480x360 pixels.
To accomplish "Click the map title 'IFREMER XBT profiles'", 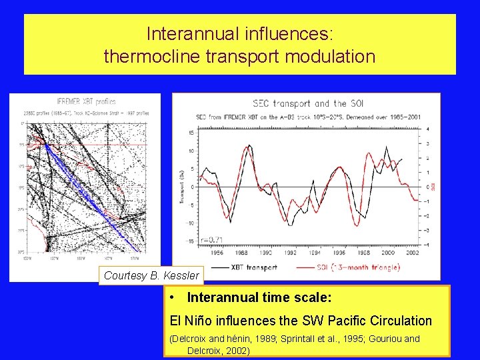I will (x=85, y=102).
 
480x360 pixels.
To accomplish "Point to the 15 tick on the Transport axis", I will (x=191, y=133).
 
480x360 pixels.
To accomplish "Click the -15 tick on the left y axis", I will (x=189, y=241).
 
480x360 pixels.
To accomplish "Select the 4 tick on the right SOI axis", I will (x=427, y=128).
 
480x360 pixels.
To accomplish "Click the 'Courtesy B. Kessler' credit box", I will (x=151, y=275).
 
